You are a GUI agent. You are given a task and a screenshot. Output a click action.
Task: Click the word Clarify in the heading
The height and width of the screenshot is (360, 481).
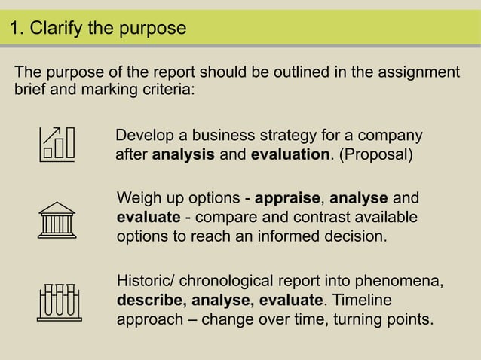pos(57,29)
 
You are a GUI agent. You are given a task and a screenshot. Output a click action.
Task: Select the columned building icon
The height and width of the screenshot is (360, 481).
pos(58,219)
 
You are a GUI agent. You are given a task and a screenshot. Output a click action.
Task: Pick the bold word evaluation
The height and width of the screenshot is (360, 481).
pos(290,155)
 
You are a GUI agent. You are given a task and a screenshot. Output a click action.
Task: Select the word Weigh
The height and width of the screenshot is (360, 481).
pos(139,199)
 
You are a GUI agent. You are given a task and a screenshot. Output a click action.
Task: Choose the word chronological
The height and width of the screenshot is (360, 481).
pos(234,282)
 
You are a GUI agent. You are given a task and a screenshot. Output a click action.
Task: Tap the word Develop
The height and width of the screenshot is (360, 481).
pos(143,136)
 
